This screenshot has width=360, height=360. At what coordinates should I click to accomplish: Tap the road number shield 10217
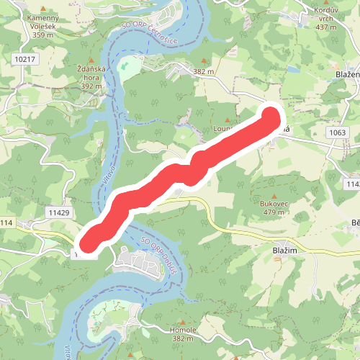[x=24, y=59]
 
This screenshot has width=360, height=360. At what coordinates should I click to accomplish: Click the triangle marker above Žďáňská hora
[x=91, y=63]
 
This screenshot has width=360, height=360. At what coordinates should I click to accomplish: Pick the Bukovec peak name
[x=274, y=204]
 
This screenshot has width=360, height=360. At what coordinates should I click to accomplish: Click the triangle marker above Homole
[x=184, y=319]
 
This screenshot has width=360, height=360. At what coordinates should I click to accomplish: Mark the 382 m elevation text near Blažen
[x=205, y=71]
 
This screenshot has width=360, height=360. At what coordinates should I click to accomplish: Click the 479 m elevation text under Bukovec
[x=274, y=212]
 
